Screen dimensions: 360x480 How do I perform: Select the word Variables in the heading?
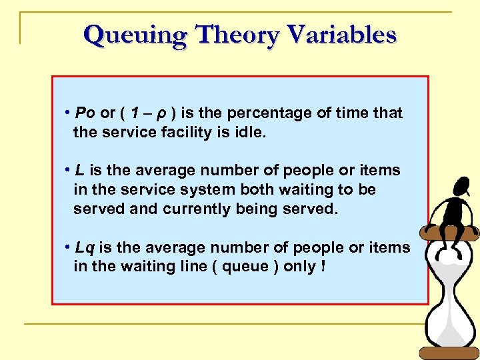(341, 35)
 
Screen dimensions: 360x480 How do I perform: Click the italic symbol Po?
(86, 113)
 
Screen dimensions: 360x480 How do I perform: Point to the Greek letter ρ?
(161, 113)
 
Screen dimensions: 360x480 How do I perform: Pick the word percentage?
(272, 113)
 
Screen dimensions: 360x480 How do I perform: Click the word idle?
(251, 132)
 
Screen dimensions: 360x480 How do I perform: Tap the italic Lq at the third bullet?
(85, 247)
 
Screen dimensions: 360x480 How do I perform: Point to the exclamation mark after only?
(323, 267)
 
